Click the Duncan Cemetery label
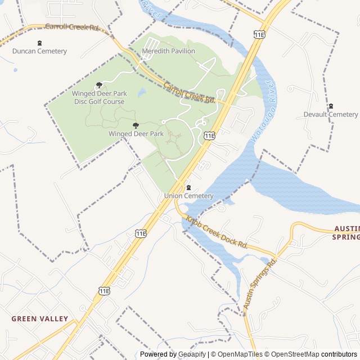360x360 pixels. [39, 51]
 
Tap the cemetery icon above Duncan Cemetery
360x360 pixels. [39, 43]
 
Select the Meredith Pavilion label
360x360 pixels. [168, 51]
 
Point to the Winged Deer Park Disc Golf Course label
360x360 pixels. [99, 97]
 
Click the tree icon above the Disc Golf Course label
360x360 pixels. [100, 85]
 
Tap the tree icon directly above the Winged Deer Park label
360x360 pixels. [136, 125]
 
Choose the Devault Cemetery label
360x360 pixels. [331, 115]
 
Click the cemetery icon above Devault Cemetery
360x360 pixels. [331, 106]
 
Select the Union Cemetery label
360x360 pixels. [188, 196]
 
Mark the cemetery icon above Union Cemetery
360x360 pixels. [188, 187]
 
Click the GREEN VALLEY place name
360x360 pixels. [40, 318]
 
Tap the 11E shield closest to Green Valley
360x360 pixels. [104, 290]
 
